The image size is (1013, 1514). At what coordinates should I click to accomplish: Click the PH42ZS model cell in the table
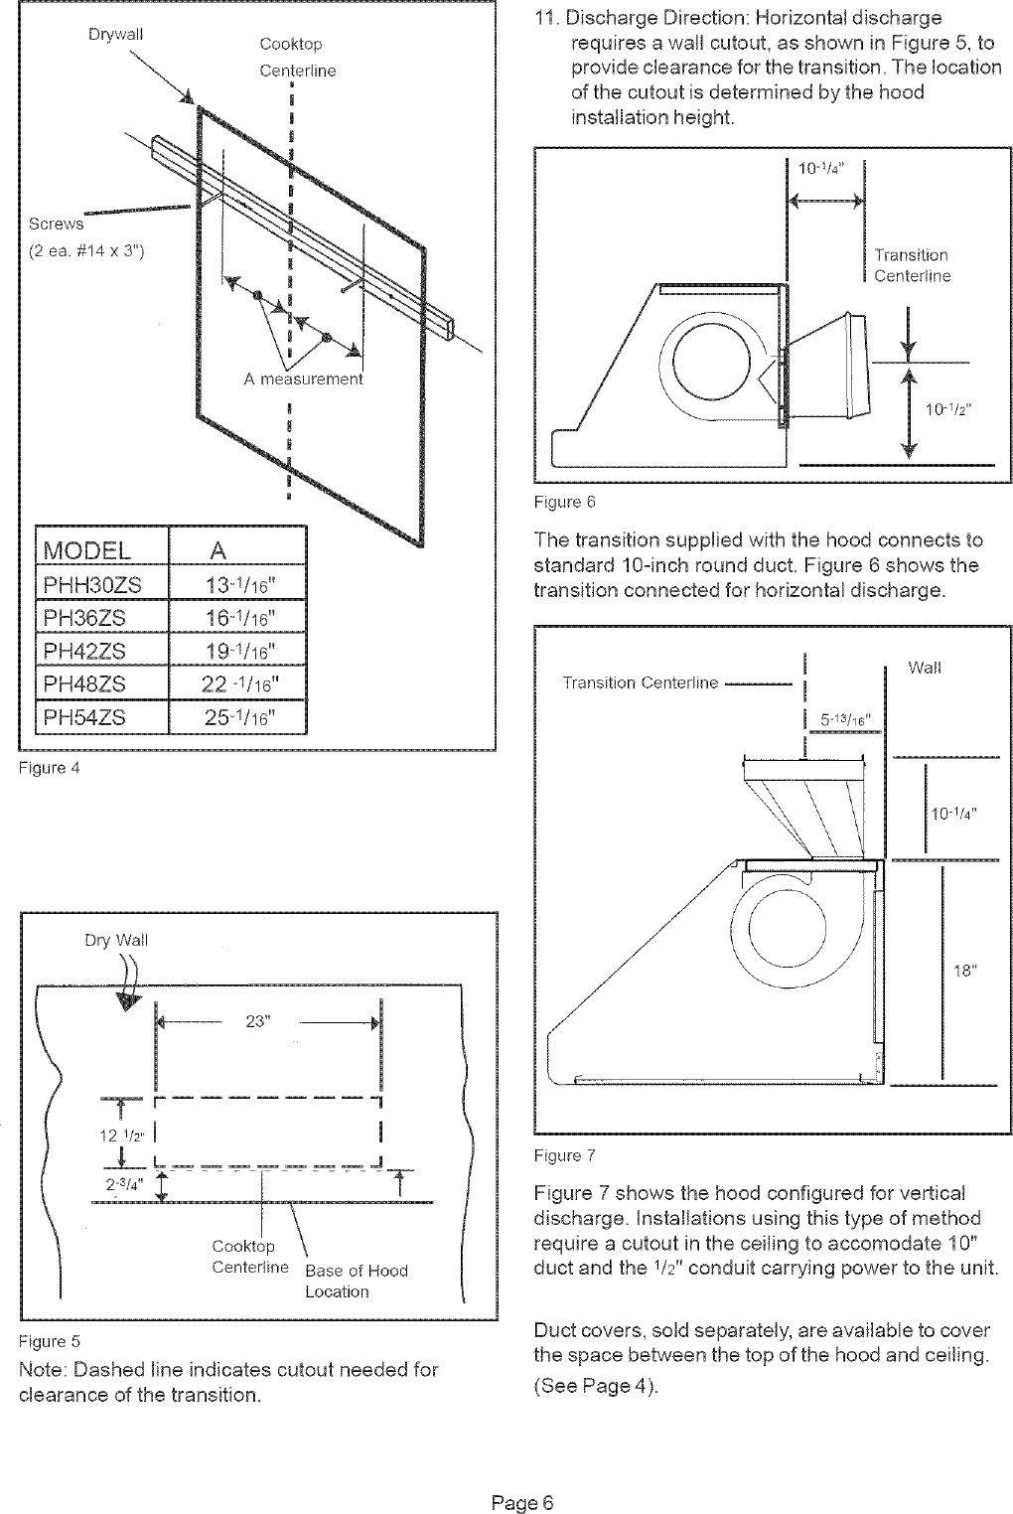[x=85, y=651]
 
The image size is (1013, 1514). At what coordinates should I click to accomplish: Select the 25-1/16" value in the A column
[x=238, y=717]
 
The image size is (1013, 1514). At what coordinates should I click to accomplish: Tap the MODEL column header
[x=87, y=550]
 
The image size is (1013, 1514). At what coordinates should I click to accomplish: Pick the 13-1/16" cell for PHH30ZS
[x=238, y=584]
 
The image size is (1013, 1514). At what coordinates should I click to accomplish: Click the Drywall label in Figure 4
[x=115, y=34]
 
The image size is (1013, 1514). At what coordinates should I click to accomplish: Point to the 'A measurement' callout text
[x=304, y=378]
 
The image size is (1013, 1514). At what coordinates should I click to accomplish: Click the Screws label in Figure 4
[x=57, y=224]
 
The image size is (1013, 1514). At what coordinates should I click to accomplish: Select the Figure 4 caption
[x=49, y=768]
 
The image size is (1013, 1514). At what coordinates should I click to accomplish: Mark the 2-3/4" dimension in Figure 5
[x=125, y=1184]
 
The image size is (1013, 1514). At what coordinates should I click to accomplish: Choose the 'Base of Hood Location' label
[x=356, y=1281]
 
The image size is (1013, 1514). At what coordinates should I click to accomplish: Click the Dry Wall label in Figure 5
[x=116, y=940]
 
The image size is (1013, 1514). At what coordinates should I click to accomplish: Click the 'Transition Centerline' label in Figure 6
[x=912, y=265]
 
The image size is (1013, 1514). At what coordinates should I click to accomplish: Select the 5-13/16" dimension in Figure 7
[x=845, y=720]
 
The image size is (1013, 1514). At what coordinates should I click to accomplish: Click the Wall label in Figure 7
[x=925, y=668]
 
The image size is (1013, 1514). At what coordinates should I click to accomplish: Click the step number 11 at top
[x=545, y=18]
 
